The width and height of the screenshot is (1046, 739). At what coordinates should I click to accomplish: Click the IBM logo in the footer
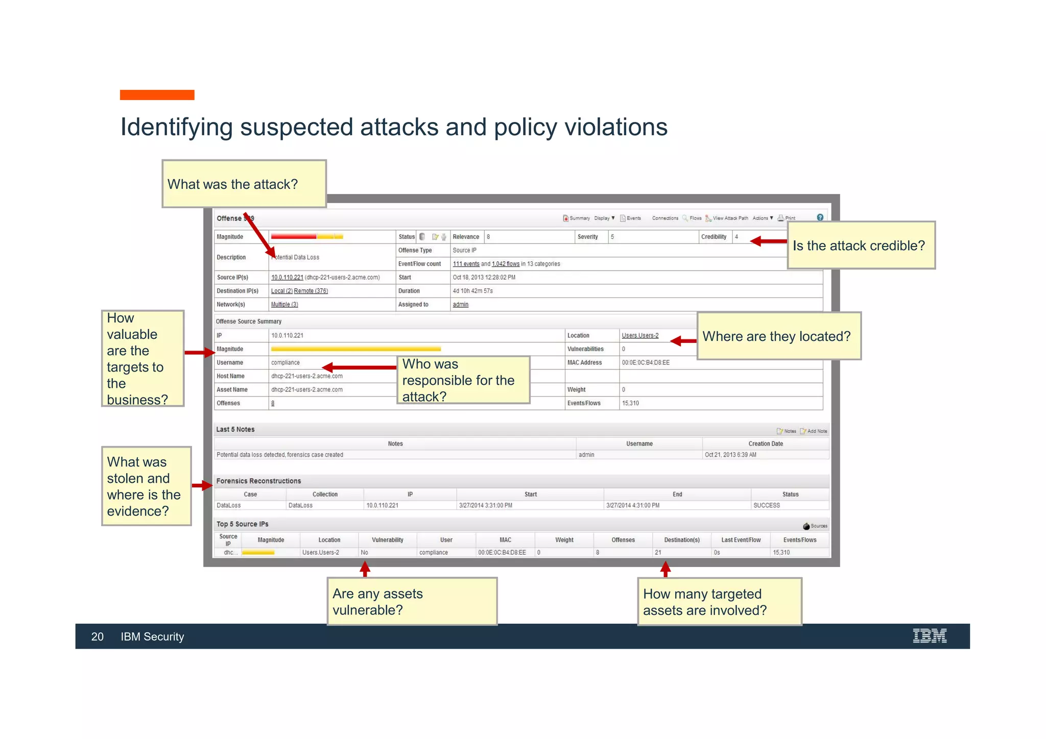click(x=929, y=636)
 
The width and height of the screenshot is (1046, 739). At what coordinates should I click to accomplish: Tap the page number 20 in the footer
click(x=97, y=636)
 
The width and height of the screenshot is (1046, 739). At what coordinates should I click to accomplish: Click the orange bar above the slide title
click(x=157, y=95)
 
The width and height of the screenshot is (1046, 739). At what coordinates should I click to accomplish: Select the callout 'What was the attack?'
click(x=244, y=184)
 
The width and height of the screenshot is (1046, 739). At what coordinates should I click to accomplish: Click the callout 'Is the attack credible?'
click(x=861, y=245)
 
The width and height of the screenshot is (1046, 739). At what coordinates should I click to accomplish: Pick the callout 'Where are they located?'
click(x=778, y=336)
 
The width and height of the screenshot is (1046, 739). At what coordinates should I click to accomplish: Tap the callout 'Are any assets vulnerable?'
click(x=412, y=601)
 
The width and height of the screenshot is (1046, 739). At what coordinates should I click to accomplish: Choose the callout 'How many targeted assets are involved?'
click(x=719, y=602)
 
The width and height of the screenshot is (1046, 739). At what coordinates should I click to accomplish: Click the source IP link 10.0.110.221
click(x=287, y=278)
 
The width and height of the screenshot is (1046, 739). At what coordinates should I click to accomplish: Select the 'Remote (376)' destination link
click(x=311, y=291)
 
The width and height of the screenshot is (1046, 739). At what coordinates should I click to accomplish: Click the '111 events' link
click(x=466, y=264)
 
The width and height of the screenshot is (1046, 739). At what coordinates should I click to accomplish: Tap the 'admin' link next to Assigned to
click(x=460, y=305)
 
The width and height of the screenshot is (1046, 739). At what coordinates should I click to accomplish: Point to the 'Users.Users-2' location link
click(x=640, y=335)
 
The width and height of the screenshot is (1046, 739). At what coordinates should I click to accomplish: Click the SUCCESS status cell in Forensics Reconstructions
click(x=766, y=505)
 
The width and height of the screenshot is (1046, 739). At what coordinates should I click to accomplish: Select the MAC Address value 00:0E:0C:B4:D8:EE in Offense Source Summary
click(x=646, y=362)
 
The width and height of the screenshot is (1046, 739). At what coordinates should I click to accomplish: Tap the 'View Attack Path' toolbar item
click(x=730, y=218)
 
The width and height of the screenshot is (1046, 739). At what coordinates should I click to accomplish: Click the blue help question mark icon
click(x=820, y=217)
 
